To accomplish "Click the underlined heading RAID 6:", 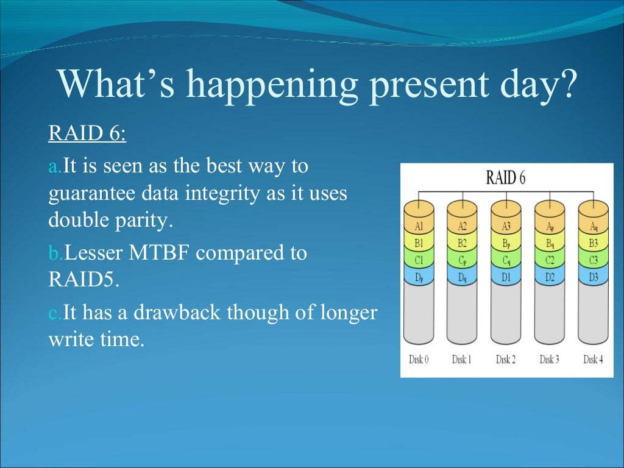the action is pyautogui.click(x=87, y=133).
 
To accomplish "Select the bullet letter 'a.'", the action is pyautogui.click(x=55, y=166).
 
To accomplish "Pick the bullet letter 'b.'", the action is pyautogui.click(x=55, y=253).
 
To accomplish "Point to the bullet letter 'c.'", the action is pyautogui.click(x=55, y=313).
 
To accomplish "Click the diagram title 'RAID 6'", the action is pyautogui.click(x=505, y=178).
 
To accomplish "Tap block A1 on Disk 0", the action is pyautogui.click(x=419, y=227).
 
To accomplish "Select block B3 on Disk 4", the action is pyautogui.click(x=593, y=243).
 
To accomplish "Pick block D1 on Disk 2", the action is pyautogui.click(x=506, y=277).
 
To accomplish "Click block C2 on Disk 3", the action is pyautogui.click(x=550, y=260).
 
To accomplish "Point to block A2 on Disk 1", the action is pyautogui.click(x=462, y=227).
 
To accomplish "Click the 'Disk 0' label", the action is pyautogui.click(x=419, y=360).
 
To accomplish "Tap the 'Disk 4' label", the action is pyautogui.click(x=593, y=360).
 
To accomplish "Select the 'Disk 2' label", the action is pyautogui.click(x=506, y=360).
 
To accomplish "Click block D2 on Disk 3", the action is pyautogui.click(x=550, y=277).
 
